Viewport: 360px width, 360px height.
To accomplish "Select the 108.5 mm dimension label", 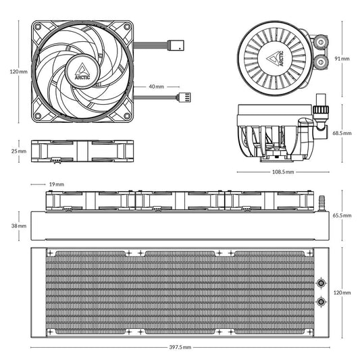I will click(282, 172).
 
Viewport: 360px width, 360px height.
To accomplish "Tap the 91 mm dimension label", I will click(341, 59).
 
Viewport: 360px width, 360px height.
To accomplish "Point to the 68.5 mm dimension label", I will click(342, 133).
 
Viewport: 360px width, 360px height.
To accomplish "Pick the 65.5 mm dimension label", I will click(342, 215).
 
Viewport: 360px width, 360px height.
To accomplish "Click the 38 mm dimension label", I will click(18, 226).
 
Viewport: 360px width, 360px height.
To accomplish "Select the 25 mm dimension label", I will click(18, 151).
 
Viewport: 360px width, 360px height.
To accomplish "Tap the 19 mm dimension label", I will click(56, 184).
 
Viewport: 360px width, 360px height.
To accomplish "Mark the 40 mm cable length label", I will click(156, 86).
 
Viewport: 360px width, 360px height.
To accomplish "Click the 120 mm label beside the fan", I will click(18, 71).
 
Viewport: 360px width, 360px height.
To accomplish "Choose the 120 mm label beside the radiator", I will click(342, 292).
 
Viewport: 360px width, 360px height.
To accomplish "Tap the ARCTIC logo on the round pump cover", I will click(277, 59).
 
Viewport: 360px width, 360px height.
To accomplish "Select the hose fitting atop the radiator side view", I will click(322, 201).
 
